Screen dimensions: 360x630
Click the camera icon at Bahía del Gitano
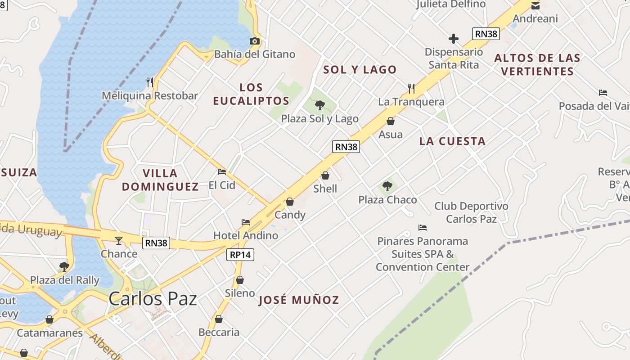click(x=255, y=41)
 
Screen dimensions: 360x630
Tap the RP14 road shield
click(x=240, y=255)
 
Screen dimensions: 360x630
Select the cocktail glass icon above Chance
click(x=119, y=241)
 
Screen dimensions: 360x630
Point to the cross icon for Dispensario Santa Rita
click(x=454, y=39)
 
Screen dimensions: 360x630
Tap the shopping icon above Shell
click(x=325, y=175)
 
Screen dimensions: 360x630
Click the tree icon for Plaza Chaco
click(x=387, y=186)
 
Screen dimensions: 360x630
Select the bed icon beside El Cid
click(x=222, y=172)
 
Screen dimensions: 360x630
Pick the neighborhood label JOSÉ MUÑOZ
click(x=299, y=300)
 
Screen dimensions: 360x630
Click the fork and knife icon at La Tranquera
click(x=411, y=88)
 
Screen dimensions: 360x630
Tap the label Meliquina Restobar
click(x=150, y=96)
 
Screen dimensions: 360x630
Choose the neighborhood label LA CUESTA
click(x=452, y=141)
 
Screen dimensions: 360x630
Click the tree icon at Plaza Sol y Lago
click(x=320, y=106)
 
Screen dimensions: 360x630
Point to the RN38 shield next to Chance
click(x=156, y=243)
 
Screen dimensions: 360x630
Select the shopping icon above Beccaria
click(x=219, y=319)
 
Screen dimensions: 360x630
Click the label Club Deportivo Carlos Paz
click(x=471, y=212)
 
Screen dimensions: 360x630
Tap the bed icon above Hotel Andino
click(x=246, y=222)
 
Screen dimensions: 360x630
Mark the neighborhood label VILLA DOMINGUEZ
click(x=160, y=180)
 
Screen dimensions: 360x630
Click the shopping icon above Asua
click(x=391, y=121)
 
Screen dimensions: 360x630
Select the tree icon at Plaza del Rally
click(x=64, y=267)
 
